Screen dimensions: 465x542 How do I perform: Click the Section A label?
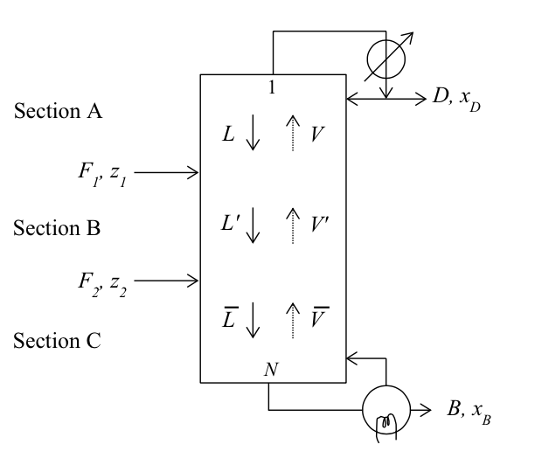click(x=58, y=112)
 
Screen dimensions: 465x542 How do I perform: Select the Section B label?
click(x=57, y=228)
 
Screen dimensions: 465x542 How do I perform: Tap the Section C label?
click(x=57, y=341)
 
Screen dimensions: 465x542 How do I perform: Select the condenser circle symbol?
click(x=386, y=61)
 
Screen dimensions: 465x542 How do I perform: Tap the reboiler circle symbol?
click(x=386, y=408)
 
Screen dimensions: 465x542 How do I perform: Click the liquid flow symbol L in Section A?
click(x=229, y=134)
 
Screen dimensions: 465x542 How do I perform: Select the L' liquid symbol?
click(x=231, y=223)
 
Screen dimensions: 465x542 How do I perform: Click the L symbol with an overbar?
click(x=229, y=318)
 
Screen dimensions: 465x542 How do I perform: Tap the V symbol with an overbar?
click(x=318, y=318)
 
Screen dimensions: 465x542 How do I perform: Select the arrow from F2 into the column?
click(x=167, y=281)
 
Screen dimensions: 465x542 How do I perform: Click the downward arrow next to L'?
click(x=254, y=226)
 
